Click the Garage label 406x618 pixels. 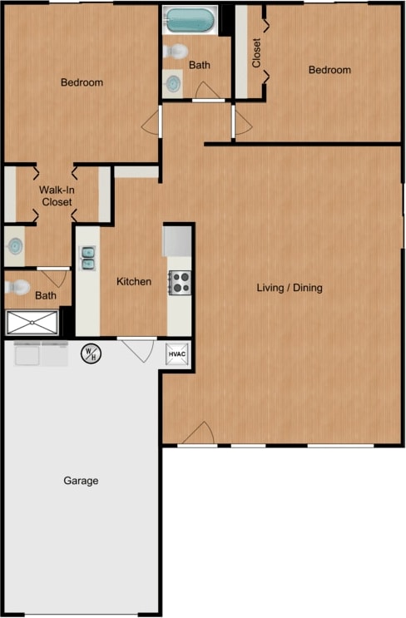point(81,481)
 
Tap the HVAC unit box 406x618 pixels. point(177,354)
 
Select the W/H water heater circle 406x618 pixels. point(90,354)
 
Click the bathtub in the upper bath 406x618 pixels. point(190,21)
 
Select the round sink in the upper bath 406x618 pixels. point(173,83)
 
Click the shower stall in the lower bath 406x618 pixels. point(32,321)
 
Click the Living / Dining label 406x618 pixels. point(290,288)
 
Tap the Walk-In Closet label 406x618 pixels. point(56,195)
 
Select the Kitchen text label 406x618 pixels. point(133,281)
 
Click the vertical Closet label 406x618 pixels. point(256,53)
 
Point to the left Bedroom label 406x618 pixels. point(82,82)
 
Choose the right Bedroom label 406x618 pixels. point(329,70)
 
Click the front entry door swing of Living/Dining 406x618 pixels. point(200,434)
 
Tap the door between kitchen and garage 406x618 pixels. point(139,349)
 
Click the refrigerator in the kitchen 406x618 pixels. point(177,241)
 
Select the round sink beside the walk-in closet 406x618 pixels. point(16,245)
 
